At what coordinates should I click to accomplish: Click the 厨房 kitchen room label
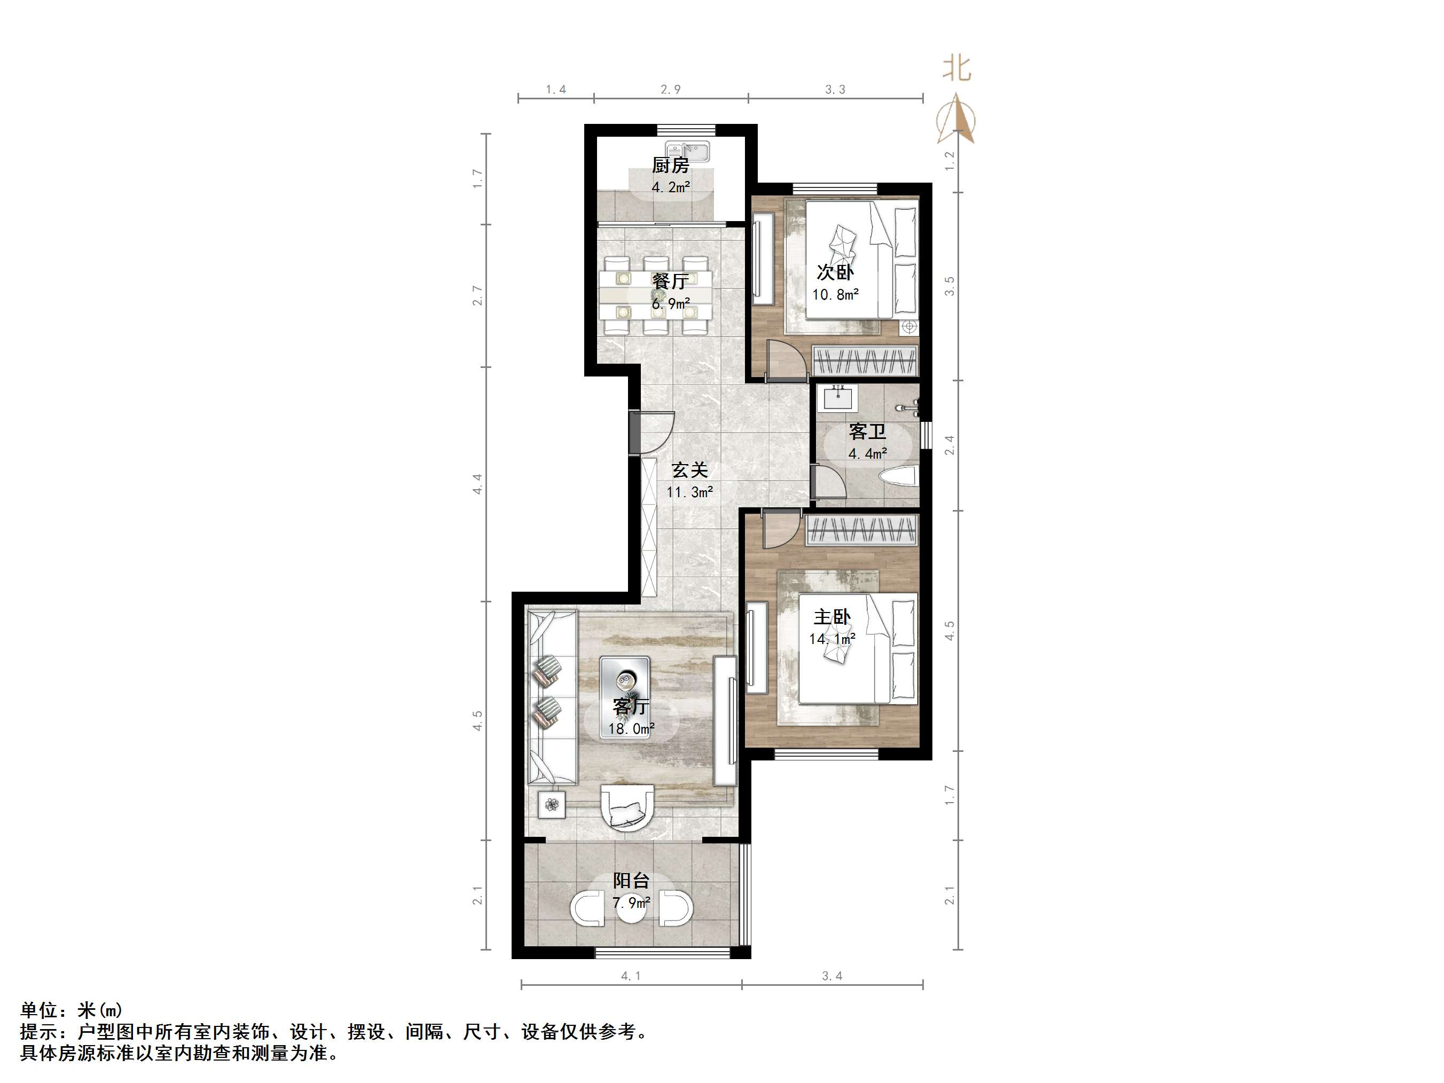670,165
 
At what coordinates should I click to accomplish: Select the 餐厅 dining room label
670,281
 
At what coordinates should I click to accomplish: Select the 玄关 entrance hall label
690,470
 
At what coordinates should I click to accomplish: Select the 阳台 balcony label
631,881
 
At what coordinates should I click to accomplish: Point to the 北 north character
956,68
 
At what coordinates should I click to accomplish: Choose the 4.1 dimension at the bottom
631,976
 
